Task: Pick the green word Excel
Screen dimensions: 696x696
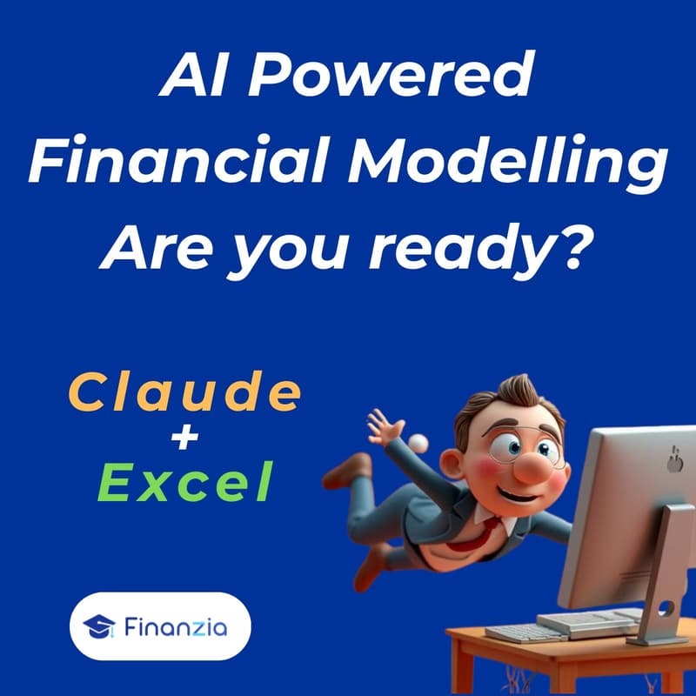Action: point(184,485)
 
